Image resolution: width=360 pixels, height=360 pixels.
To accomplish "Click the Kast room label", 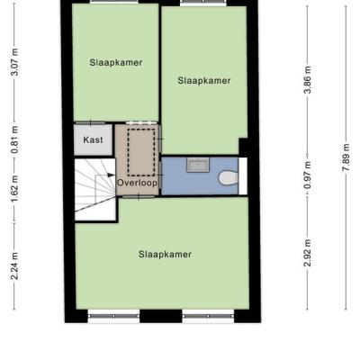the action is pos(93,139).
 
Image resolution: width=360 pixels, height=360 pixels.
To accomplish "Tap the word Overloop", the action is pos(137,183).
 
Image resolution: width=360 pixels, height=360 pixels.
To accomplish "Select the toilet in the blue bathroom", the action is pos(229,178).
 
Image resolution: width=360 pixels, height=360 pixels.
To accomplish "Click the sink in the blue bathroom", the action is pos(198,166).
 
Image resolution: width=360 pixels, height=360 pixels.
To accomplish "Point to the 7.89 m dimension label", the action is pos(346,157).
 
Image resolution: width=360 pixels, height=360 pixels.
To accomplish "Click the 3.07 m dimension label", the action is pos(14,62).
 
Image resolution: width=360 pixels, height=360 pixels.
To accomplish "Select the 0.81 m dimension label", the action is pos(14,140).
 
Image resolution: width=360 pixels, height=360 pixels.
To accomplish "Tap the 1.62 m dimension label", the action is pos(14,189).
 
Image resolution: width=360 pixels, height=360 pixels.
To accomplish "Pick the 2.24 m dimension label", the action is pos(14,265).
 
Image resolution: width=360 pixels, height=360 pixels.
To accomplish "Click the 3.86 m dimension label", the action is pos(308,80).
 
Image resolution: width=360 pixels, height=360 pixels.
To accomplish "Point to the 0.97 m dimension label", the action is pos(308,175).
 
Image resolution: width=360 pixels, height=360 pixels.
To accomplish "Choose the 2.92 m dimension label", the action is pos(308,253).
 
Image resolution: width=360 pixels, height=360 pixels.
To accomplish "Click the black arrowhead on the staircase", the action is pos(111,175).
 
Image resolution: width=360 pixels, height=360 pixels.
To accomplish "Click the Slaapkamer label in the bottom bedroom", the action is pos(165,255).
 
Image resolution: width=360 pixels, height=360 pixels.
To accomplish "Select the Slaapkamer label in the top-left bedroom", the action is pos(116,62).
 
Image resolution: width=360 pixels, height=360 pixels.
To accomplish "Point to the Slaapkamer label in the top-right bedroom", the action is pos(204,80).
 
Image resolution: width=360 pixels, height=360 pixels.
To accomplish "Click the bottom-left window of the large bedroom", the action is pos(113,316).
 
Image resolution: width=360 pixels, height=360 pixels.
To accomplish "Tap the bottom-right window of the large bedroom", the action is pos(208,316).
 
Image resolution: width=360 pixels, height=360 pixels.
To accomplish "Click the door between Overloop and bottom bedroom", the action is pos(139,197).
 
